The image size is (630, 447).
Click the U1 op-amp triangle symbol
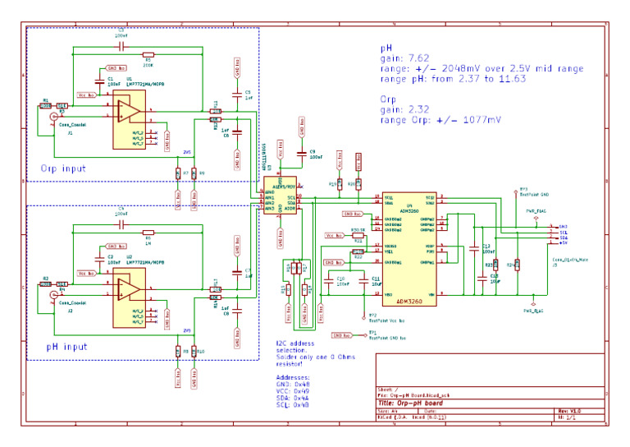(126, 113)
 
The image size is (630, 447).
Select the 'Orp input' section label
(63, 168)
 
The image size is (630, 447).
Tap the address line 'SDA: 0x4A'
(294, 398)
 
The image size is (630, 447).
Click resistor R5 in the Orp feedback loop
(148, 54)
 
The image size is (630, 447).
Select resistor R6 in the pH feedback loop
(148, 232)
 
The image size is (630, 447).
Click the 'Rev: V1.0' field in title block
(569, 410)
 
